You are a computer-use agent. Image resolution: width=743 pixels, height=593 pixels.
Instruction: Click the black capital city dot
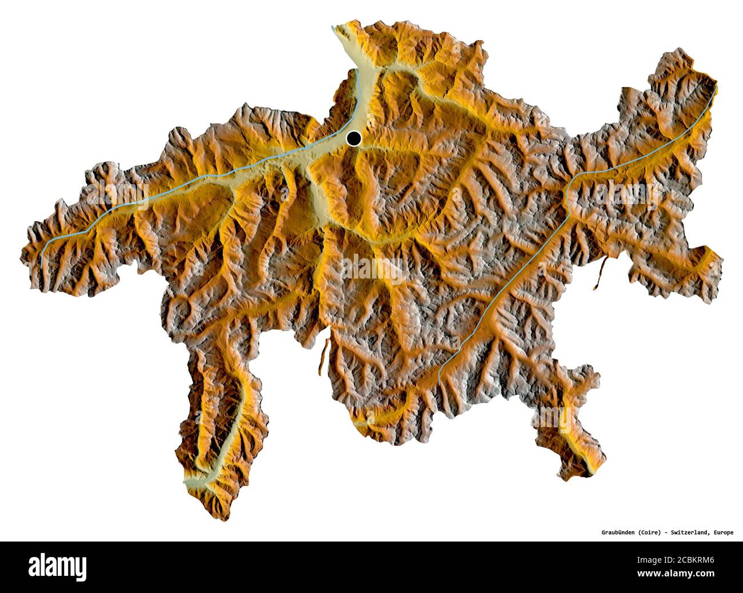click(x=354, y=138)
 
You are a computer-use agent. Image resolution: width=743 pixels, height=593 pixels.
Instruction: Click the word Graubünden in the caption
click(x=621, y=532)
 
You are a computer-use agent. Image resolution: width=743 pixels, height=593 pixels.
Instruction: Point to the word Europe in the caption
click(x=722, y=532)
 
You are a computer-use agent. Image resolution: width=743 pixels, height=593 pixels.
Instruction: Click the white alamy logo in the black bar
click(x=58, y=567)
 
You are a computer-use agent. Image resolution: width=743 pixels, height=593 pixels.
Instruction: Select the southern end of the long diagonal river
click(x=439, y=378)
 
